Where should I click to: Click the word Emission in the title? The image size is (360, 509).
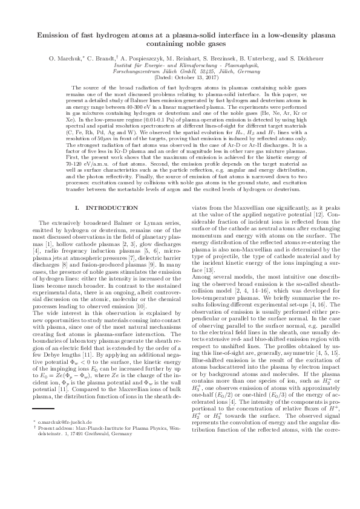pos(55,36)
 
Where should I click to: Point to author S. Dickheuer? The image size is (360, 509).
pos(293,59)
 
